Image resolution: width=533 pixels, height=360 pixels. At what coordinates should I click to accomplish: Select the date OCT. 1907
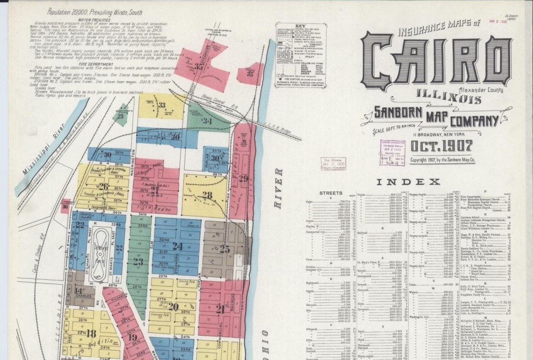point(441,147)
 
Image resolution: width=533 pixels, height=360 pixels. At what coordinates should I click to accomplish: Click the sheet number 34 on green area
point(207,121)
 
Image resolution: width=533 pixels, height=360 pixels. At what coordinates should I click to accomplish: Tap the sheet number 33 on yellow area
point(162,106)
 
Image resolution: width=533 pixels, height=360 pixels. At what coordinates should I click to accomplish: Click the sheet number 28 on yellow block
point(207,196)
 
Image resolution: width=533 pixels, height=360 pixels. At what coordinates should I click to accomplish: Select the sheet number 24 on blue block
point(177,246)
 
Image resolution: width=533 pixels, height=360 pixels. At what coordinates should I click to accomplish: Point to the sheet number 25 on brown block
point(224,249)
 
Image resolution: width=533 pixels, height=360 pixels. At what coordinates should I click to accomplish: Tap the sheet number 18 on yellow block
point(91,333)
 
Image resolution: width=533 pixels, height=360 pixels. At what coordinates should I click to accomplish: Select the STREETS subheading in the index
point(331,192)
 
